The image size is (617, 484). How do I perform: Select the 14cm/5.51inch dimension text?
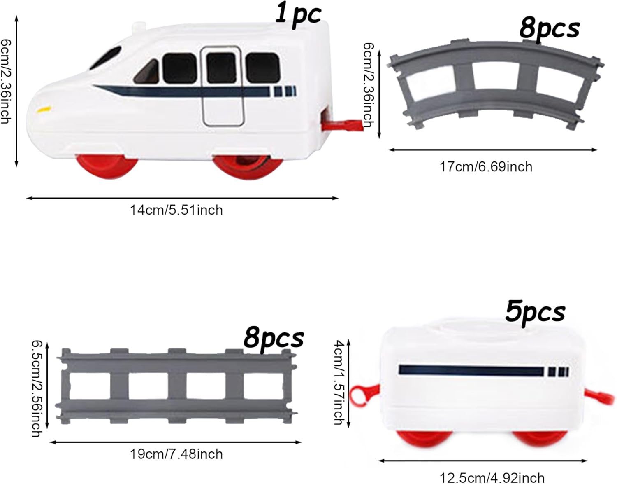point(176,210)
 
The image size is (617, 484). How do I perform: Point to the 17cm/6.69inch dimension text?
point(486,167)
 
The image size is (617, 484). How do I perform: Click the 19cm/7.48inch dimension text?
point(176,454)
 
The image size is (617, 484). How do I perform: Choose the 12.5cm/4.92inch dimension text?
point(492,478)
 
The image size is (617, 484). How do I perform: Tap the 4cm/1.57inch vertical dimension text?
point(338,382)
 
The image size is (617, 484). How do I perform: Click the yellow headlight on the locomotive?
point(44,110)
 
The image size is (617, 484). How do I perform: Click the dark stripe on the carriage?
point(471,370)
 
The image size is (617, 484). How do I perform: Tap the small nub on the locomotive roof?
point(138,27)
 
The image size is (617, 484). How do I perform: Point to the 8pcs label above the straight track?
point(274,339)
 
